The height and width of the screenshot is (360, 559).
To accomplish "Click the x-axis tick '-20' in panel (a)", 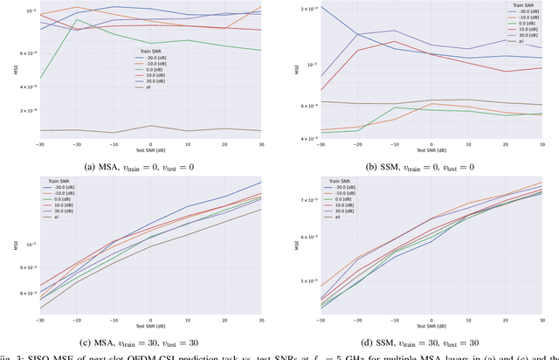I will (x=76, y=143).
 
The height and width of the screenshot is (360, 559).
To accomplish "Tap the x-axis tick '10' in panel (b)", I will (x=469, y=143).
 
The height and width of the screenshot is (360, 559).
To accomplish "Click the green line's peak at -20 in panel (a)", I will (x=77, y=19).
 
